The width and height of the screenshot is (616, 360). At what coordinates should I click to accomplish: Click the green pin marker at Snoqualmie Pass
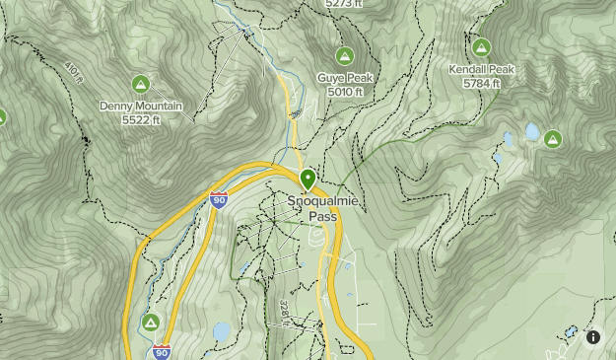pos(308,180)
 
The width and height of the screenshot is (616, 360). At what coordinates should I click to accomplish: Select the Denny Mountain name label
pos(141,106)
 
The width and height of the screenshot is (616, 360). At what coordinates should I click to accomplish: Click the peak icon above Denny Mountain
pos(141,84)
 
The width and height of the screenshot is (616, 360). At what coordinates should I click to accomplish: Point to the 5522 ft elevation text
pos(141,119)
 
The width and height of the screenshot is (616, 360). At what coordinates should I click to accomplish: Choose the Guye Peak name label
pos(345,78)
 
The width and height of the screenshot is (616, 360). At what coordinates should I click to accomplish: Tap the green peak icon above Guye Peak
pos(345,56)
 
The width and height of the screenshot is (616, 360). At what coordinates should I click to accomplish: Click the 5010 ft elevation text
pos(345,92)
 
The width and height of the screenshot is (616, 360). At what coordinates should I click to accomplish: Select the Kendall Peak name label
pos(481,70)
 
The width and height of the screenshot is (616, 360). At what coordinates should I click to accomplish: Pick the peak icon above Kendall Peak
pos(481,47)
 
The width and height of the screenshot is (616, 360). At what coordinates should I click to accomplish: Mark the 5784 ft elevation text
pos(481,84)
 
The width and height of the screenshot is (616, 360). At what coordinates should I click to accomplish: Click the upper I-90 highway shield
pos(219,200)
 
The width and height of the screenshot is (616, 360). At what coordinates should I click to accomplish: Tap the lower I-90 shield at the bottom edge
pos(162,351)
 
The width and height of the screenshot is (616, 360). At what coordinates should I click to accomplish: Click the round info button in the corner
pos(593,337)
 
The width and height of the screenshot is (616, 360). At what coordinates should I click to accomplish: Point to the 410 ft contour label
pos(73,72)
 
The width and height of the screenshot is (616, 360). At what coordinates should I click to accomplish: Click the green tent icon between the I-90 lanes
pos(151,323)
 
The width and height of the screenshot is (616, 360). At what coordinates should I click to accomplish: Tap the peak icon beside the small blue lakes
pos(553,139)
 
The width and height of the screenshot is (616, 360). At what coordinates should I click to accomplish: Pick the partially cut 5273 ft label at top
pos(344,4)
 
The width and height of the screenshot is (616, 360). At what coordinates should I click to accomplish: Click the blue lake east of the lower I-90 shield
pos(222,330)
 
